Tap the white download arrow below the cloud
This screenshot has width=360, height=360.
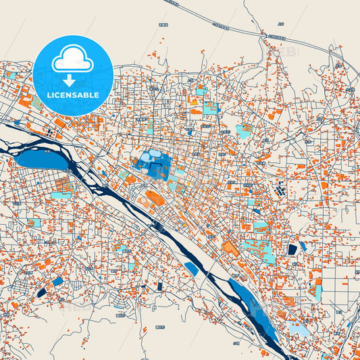(72, 80)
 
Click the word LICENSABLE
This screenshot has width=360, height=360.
(72, 95)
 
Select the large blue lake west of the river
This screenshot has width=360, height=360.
(43, 160)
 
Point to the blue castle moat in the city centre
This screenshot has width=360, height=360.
(154, 162)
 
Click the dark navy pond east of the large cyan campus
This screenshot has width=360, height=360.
(292, 249)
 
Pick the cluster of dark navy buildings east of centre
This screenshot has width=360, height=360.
(279, 192)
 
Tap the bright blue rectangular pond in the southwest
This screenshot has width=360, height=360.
(57, 280)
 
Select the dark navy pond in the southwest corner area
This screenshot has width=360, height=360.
(43, 292)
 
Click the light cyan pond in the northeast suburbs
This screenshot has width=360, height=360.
(244, 130)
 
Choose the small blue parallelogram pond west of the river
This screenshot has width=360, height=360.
(191, 268)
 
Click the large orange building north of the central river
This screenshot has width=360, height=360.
(155, 199)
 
